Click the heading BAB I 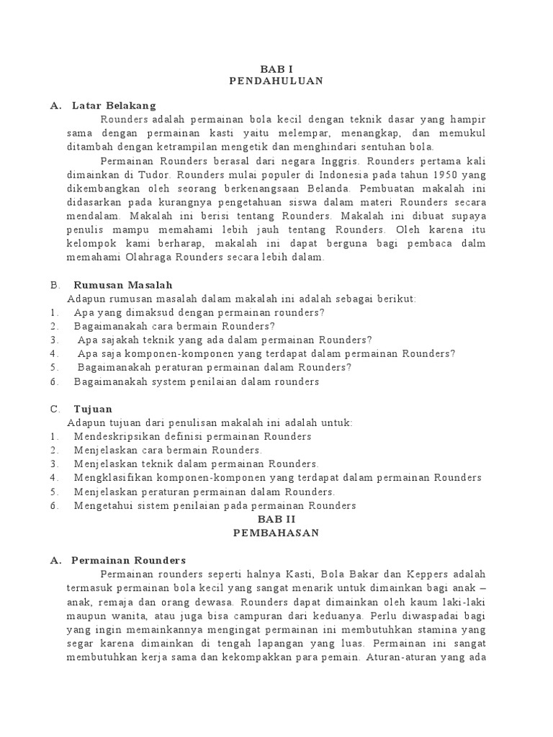point(276,68)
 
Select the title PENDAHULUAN point(276,81)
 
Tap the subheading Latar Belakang point(114,106)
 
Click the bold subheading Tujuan point(92,410)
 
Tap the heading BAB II point(276,519)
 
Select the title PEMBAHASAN point(276,533)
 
